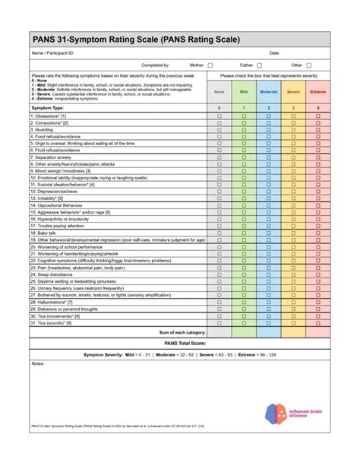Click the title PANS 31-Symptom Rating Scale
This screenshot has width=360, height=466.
[x=135, y=39]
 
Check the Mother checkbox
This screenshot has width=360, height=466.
[x=210, y=65]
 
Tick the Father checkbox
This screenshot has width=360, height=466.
[x=259, y=65]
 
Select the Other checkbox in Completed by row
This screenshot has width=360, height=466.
[x=308, y=65]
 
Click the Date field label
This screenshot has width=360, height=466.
[x=275, y=53]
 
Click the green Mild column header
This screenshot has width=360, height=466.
[x=244, y=91]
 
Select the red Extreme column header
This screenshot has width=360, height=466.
[x=318, y=91]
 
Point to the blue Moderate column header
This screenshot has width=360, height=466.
[x=269, y=91]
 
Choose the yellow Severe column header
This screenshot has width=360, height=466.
[x=293, y=91]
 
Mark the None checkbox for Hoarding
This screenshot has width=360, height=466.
[x=219, y=129]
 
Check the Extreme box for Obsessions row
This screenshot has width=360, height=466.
[x=318, y=116]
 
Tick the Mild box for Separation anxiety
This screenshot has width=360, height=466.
[x=244, y=157]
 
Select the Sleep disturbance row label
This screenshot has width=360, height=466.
[x=52, y=274]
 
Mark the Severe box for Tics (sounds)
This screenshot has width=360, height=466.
[x=293, y=322]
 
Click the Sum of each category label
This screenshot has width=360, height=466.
[x=182, y=332]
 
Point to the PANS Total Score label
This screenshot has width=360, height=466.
[x=180, y=344]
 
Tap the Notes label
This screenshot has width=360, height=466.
[x=38, y=364]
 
